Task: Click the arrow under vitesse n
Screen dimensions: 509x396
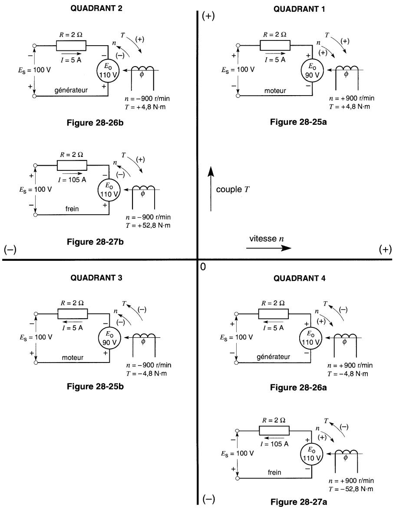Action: [267, 249]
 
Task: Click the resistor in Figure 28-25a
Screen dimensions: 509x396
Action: [275, 45]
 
